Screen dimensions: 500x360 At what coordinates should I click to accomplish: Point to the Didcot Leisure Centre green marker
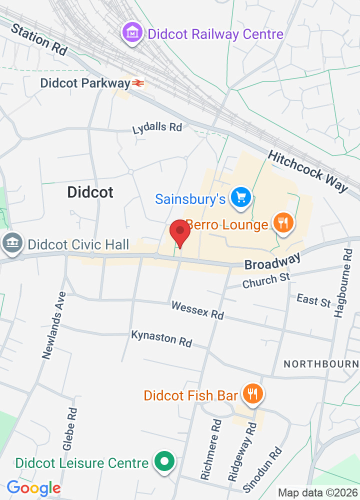point(163,462)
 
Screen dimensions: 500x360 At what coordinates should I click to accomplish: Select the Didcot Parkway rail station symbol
point(138,83)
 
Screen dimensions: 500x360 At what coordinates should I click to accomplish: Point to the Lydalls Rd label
point(157,128)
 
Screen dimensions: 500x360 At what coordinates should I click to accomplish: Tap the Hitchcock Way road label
point(308,171)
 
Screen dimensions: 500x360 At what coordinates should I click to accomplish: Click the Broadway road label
point(272,261)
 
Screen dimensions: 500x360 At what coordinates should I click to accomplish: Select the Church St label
point(266,280)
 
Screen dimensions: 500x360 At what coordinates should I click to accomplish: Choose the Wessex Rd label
point(197,309)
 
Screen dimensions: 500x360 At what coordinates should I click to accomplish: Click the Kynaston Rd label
point(161,338)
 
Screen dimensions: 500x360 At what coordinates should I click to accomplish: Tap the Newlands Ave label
point(54,325)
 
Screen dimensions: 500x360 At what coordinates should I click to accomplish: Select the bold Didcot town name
point(90,192)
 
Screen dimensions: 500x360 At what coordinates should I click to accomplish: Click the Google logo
point(34,488)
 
